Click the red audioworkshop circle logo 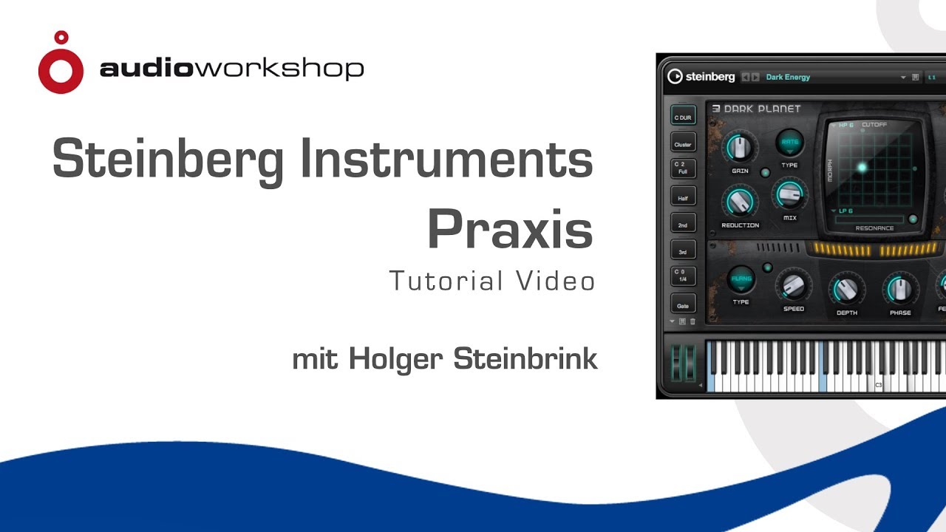click(61, 66)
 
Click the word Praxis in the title click(510, 230)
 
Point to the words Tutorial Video click(491, 281)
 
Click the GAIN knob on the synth click(740, 149)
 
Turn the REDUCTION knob click(740, 201)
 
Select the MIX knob click(789, 195)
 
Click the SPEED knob click(793, 286)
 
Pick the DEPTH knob click(847, 290)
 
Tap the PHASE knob click(900, 290)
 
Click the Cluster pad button click(682, 145)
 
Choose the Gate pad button click(682, 305)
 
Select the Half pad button click(682, 198)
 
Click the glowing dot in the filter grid click(862, 168)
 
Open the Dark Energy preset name click(788, 77)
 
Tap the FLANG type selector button click(741, 279)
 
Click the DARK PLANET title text click(762, 109)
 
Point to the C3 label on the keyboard click(879, 385)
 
